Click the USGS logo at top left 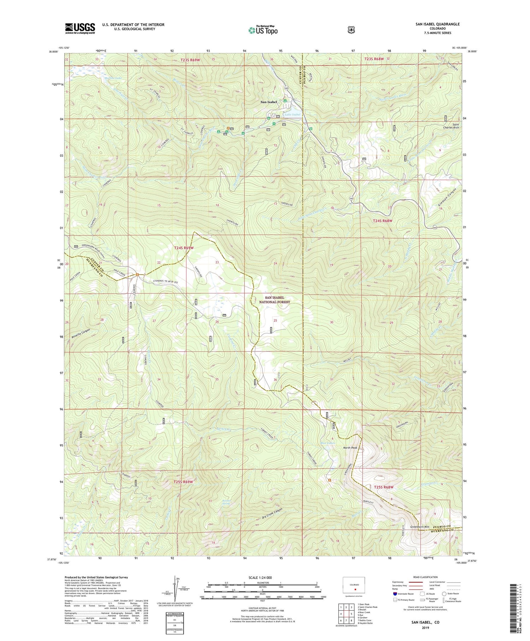[x=80, y=28]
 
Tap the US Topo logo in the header [x=263, y=30]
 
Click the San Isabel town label [x=269, y=102]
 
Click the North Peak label [x=350, y=448]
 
